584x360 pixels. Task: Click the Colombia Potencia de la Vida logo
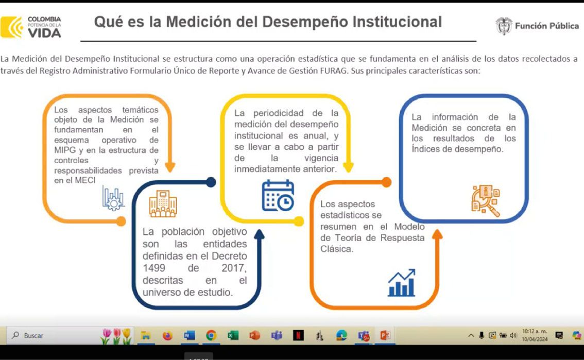coord(31,27)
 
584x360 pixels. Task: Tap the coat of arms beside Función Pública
coord(504,26)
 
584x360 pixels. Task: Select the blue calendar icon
coord(278,195)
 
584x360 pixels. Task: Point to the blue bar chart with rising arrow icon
coord(402,283)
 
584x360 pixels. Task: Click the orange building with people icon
coord(163,203)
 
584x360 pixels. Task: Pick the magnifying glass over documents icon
coord(486,201)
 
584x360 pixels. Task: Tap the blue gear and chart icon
coord(113,198)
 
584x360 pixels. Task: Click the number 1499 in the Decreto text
coord(153,268)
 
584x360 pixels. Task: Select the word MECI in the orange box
coord(85,180)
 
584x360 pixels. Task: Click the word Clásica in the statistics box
coord(337,249)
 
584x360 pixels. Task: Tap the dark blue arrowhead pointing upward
coord(259,234)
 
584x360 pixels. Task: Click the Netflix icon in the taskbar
coord(298,335)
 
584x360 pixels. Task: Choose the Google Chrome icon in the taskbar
coord(211,335)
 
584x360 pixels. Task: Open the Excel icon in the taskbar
coord(233,335)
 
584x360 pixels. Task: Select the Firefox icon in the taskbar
coord(167,335)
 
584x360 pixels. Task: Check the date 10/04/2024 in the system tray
coord(535,339)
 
